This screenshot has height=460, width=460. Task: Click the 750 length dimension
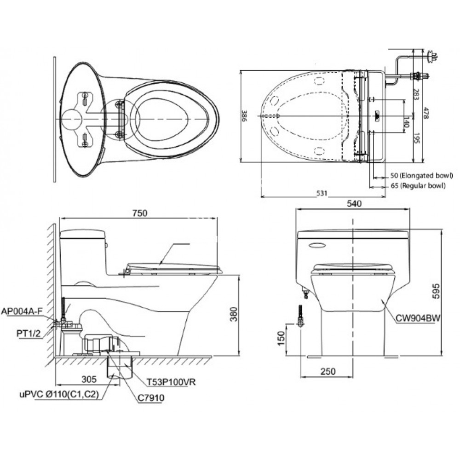click(x=140, y=213)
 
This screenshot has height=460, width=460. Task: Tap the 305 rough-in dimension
click(x=88, y=379)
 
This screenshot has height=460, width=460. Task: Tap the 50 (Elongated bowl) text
click(x=421, y=176)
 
